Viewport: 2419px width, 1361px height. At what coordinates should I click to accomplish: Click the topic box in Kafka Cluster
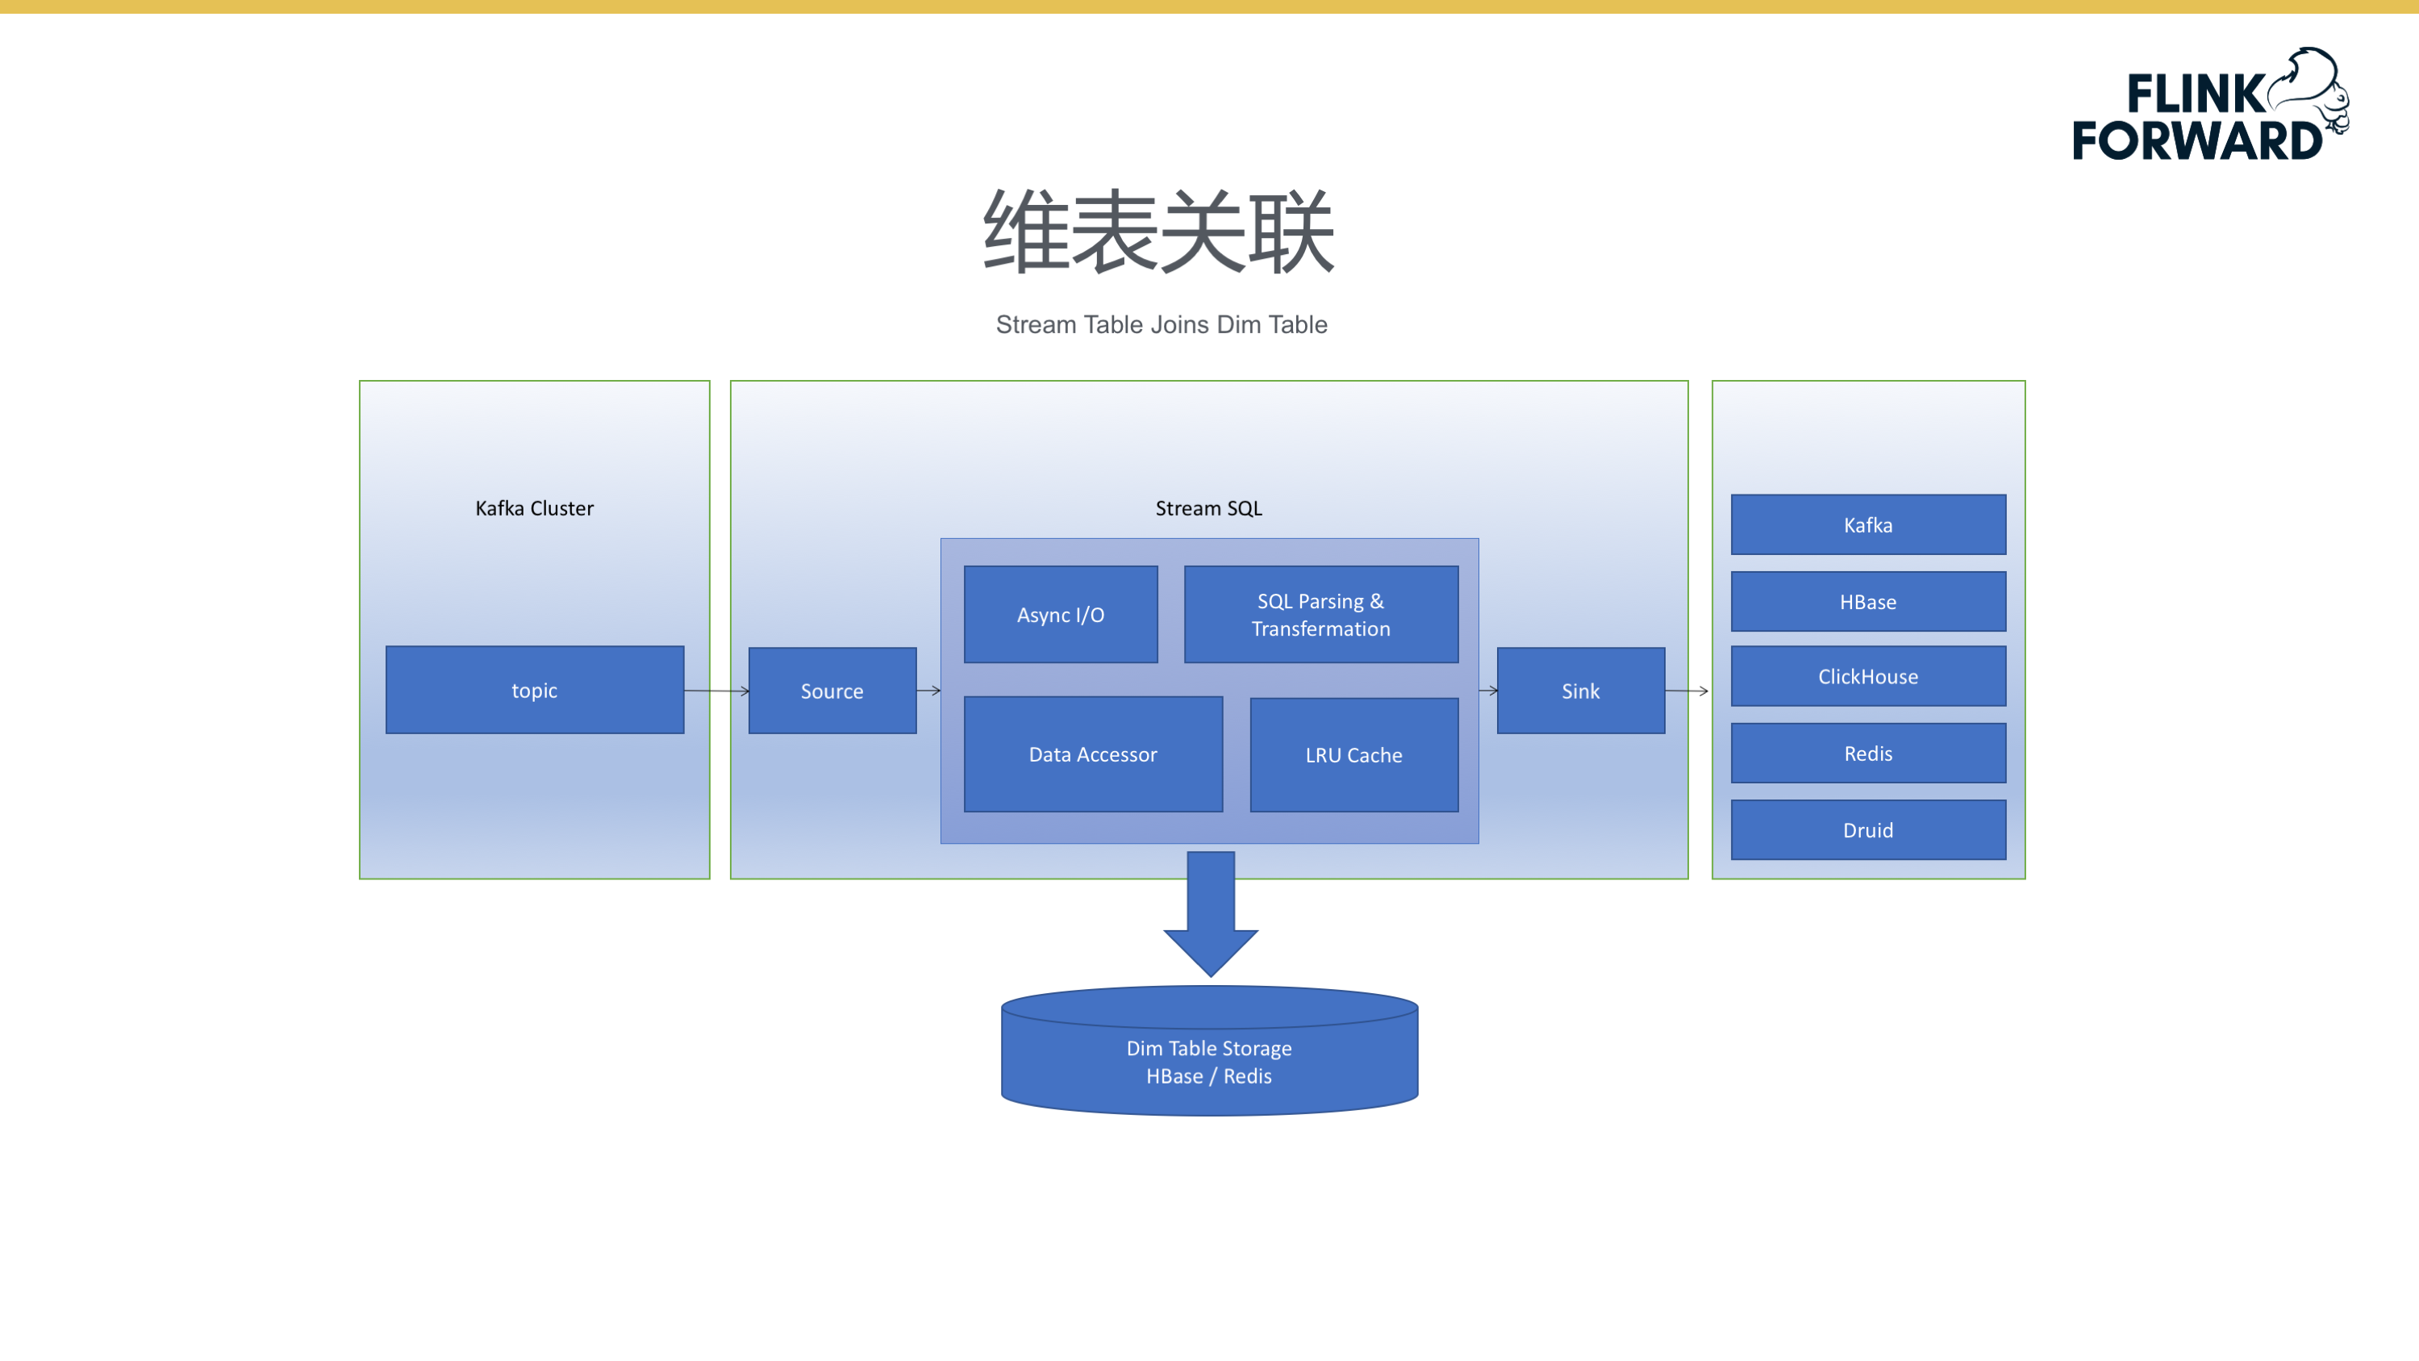pos(534,690)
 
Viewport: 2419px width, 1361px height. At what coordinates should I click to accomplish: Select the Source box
pos(832,691)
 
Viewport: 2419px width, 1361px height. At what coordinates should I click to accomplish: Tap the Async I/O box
pos(1060,614)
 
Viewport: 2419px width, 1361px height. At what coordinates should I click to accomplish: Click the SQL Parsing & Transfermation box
pos(1320,614)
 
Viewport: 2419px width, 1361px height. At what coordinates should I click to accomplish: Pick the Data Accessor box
pos(1093,754)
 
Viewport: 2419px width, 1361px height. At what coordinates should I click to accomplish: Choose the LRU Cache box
pos(1353,754)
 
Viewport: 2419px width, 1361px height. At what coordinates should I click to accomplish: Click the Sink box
pos(1580,691)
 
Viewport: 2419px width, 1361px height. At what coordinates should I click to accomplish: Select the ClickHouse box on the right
pos(1868,676)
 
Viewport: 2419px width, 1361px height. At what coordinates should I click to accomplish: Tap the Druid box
pos(1868,829)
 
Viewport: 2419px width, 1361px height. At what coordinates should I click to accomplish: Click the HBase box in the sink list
pos(1868,601)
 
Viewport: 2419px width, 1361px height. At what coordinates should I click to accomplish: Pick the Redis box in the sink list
pos(1868,753)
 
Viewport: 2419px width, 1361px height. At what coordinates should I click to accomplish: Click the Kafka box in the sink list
pos(1868,524)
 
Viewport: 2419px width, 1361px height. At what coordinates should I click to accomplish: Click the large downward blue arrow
pos(1211,911)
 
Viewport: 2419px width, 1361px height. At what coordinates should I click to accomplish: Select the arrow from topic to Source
pos(716,691)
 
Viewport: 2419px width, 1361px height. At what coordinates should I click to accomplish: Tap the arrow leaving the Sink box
pos(1687,691)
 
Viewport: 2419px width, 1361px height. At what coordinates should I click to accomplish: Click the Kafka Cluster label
pos(534,508)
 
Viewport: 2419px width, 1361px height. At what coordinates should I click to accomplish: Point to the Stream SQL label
pos(1208,508)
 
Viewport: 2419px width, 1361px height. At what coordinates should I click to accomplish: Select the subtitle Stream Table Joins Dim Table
pos(1162,324)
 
